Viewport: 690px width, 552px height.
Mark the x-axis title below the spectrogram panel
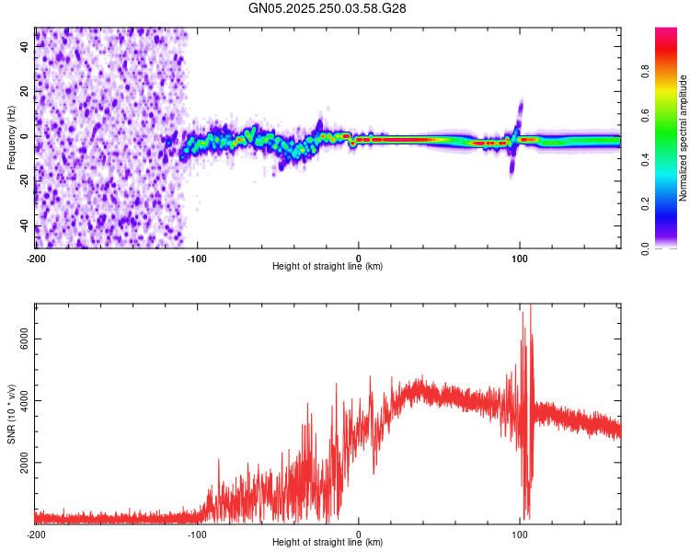coord(328,267)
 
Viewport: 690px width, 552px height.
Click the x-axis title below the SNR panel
coord(328,543)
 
